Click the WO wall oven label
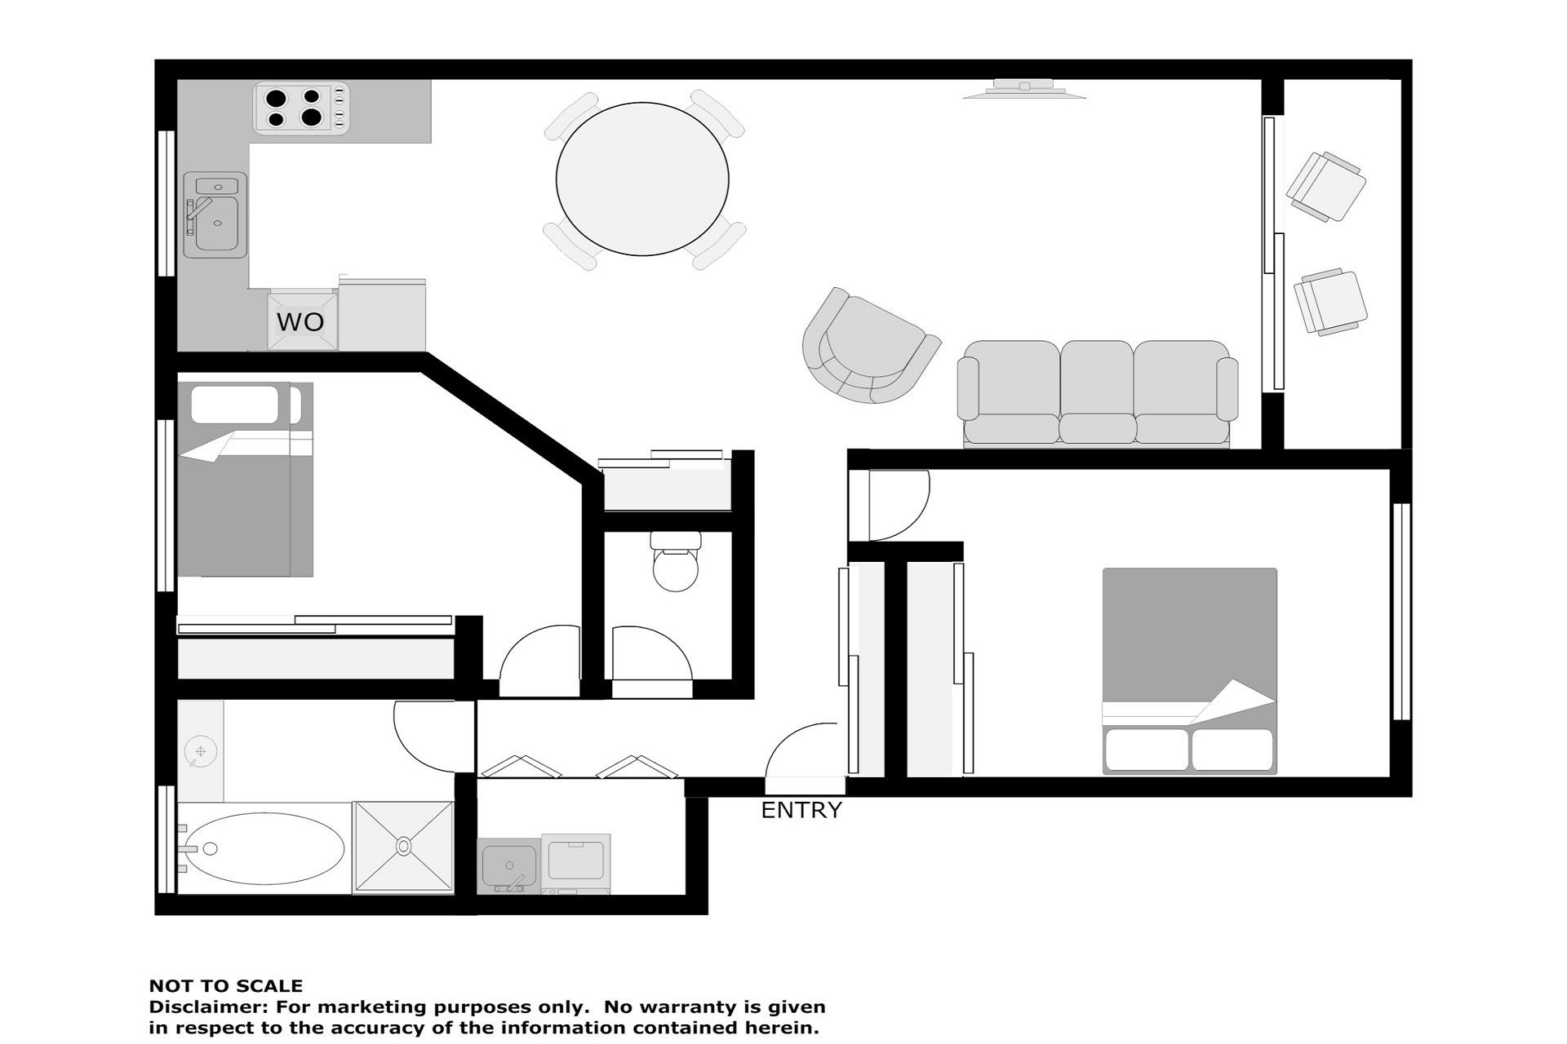(300, 321)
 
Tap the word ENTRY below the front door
(801, 810)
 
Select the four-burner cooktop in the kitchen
(301, 108)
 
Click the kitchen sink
(215, 215)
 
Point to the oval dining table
(642, 179)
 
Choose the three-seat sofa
(1097, 393)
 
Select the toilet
(676, 561)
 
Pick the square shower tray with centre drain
(403, 847)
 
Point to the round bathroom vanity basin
(200, 750)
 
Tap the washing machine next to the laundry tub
(575, 864)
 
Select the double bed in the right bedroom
(1189, 670)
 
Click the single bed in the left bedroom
(245, 479)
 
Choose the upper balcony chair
(1326, 187)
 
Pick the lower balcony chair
(1330, 302)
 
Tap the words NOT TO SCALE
(225, 985)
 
